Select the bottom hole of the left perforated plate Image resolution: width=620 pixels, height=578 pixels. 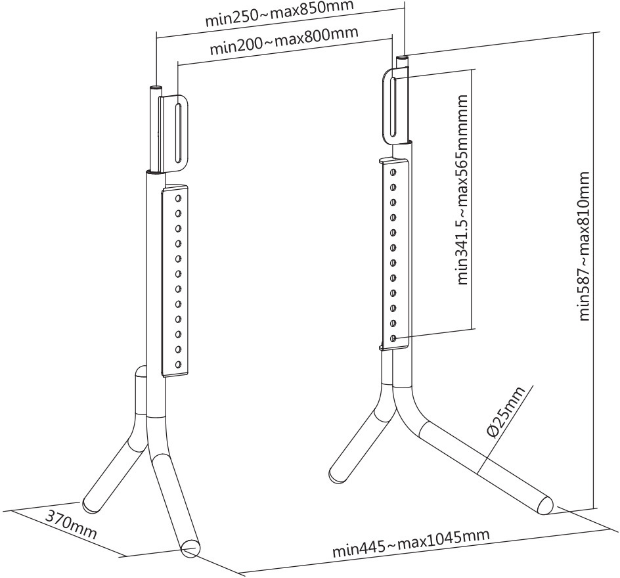click(177, 364)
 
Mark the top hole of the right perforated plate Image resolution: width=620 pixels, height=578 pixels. click(393, 172)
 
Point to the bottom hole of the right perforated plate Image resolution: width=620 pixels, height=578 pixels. click(393, 338)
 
